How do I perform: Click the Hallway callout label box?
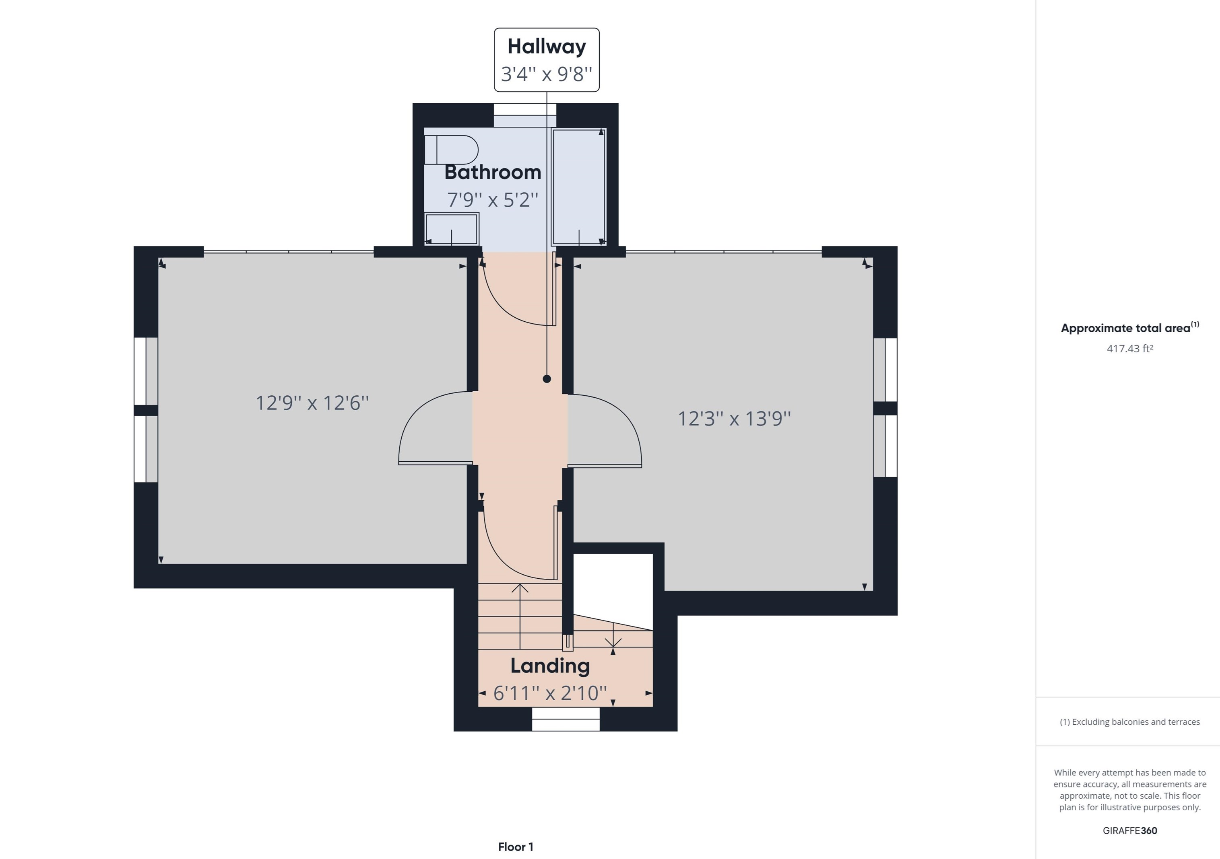click(547, 60)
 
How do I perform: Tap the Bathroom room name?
click(493, 172)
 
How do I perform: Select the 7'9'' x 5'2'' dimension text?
click(493, 199)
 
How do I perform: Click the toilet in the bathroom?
click(451, 150)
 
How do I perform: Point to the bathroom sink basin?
click(452, 229)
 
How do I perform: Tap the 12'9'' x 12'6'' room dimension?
click(312, 403)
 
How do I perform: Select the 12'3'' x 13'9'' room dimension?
click(734, 419)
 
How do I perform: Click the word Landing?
click(550, 666)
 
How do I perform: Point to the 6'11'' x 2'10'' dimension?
click(550, 693)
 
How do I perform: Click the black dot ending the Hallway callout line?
click(547, 378)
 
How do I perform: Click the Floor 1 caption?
click(516, 847)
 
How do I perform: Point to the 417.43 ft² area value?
click(1130, 348)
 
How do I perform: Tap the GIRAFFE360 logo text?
click(1130, 830)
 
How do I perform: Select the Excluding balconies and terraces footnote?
click(1130, 721)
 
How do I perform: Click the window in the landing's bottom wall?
click(566, 725)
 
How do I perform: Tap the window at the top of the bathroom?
click(525, 115)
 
